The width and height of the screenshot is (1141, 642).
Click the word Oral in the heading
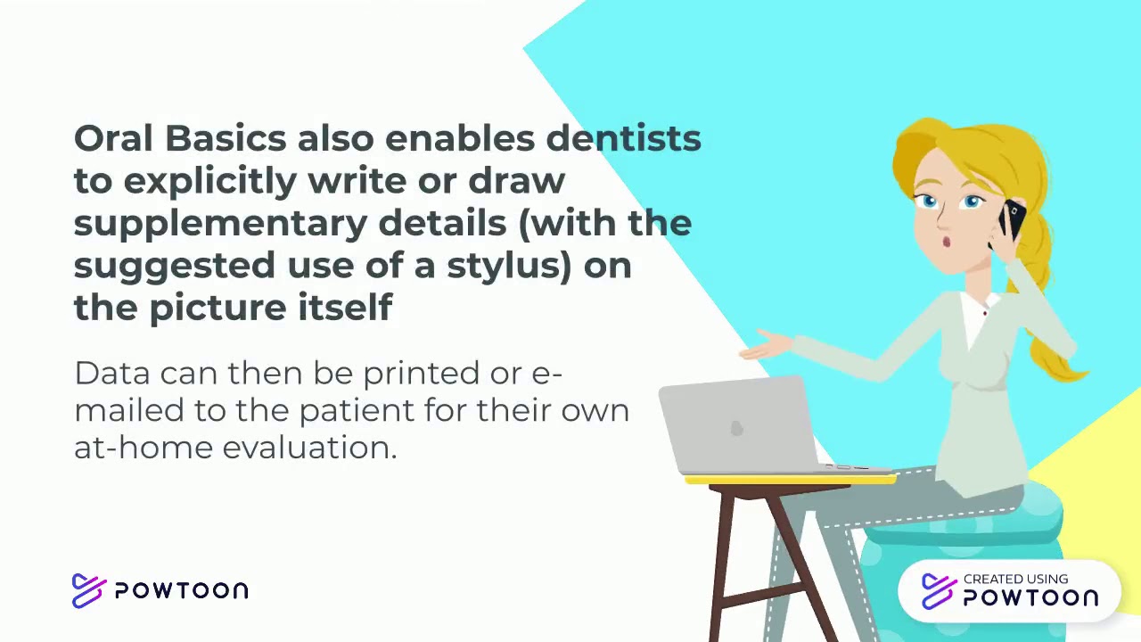[x=113, y=138]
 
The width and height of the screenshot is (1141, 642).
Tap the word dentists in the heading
[x=623, y=138]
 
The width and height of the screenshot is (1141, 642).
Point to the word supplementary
[x=219, y=223]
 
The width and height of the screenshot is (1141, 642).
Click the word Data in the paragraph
[x=111, y=373]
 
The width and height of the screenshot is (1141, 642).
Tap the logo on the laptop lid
[x=736, y=429]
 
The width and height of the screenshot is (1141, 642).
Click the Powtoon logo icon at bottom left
[x=88, y=590]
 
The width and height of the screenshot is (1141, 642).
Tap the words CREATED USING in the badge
[x=1015, y=579]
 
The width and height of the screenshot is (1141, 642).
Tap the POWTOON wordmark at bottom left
[x=181, y=590]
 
